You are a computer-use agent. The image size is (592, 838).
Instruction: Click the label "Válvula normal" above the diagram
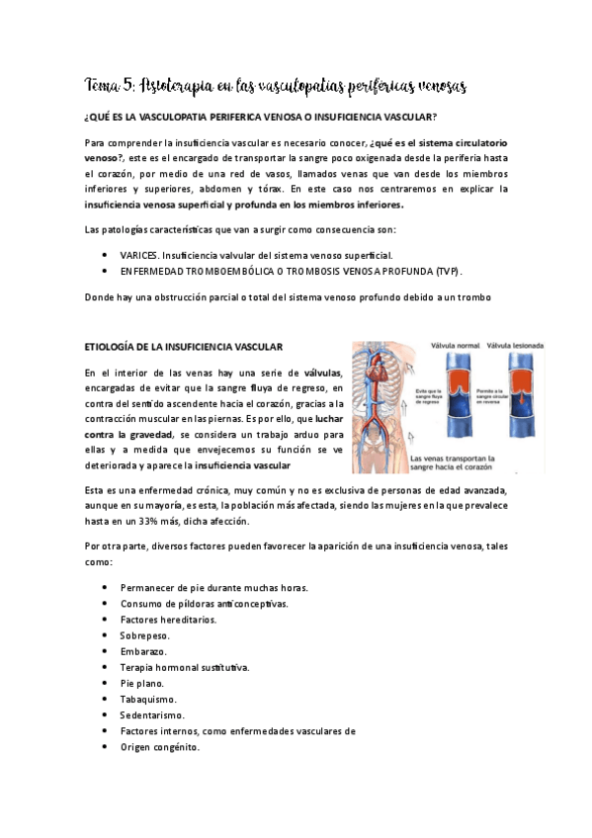(455, 346)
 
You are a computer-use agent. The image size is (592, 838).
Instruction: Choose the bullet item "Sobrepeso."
(147, 635)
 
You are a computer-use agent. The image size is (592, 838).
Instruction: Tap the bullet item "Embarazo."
(144, 651)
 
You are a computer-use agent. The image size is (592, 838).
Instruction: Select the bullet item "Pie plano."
(142, 683)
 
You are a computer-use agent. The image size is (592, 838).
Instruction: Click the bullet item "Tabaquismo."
(148, 699)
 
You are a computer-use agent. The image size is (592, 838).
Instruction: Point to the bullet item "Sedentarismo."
(152, 714)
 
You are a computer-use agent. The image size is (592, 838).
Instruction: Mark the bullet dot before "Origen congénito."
(106, 747)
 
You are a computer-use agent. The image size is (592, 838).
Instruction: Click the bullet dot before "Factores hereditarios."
(106, 620)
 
